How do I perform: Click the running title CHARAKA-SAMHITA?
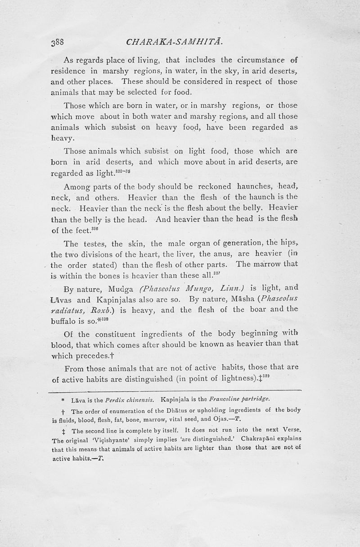click(x=172, y=44)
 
